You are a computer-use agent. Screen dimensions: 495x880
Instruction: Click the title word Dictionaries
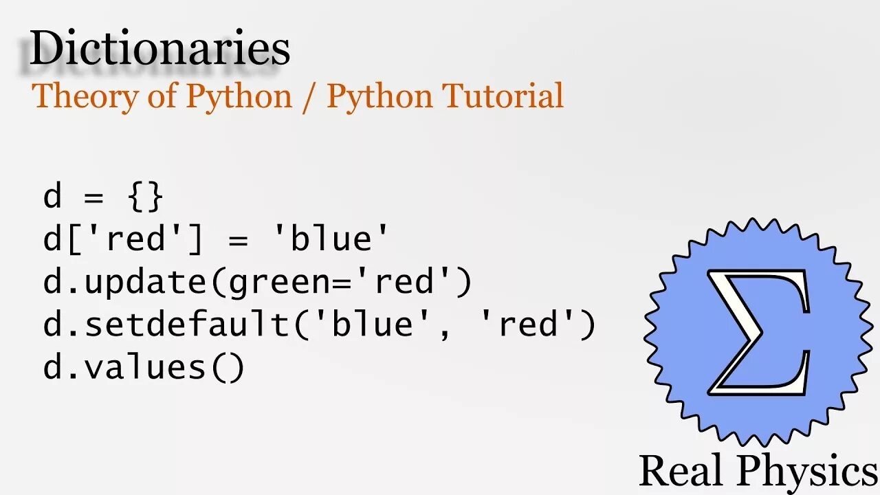pos(159,49)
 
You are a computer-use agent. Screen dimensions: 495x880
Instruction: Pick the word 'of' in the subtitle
pos(162,96)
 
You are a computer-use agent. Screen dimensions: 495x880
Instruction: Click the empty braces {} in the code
pos(146,197)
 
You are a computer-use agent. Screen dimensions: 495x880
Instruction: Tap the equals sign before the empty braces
pos(93,198)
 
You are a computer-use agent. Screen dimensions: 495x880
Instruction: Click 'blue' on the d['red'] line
pos(331,239)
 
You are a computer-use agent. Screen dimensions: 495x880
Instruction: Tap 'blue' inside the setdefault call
pos(373,324)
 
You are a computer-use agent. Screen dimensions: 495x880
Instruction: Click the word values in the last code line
pos(144,367)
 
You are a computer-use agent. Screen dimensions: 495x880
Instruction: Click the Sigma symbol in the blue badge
pos(758,332)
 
